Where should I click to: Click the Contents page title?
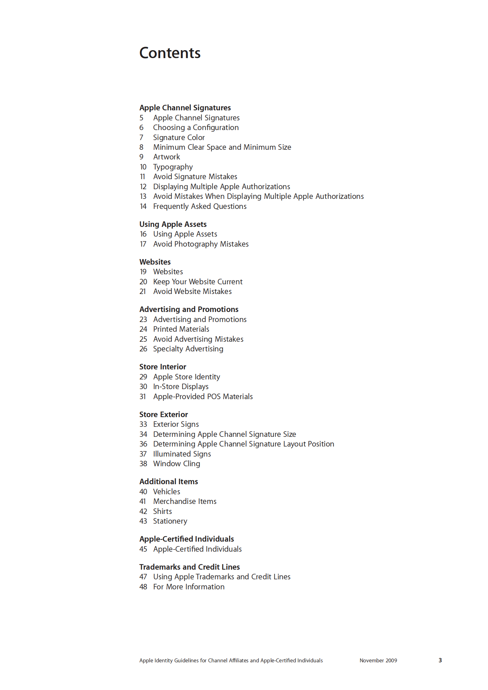(x=170, y=53)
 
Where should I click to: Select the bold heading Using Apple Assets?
(x=173, y=224)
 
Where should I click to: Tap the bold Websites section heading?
(x=155, y=262)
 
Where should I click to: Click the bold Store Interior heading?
(x=163, y=367)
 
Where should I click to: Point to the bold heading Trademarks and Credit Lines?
(x=190, y=567)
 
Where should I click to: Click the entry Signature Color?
(x=179, y=137)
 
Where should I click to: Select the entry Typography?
(x=173, y=167)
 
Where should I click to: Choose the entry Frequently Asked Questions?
(x=200, y=206)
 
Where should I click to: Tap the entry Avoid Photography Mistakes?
(x=201, y=244)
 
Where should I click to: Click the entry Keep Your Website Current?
(x=198, y=282)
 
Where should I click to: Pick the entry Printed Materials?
(x=181, y=329)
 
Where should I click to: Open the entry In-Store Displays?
(x=181, y=386)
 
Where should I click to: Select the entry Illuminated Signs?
(x=182, y=454)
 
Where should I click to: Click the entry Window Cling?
(x=177, y=463)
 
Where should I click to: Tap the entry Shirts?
(x=163, y=511)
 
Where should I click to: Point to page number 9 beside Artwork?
(x=141, y=157)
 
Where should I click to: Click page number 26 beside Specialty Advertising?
(x=143, y=349)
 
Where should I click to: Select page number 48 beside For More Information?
(x=143, y=587)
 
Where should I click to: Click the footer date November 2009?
(x=378, y=660)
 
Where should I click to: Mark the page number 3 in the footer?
(x=440, y=660)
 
